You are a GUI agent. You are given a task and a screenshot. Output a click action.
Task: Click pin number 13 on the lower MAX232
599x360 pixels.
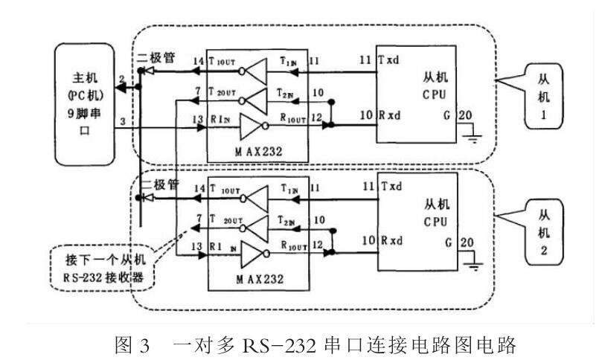click(x=197, y=246)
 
